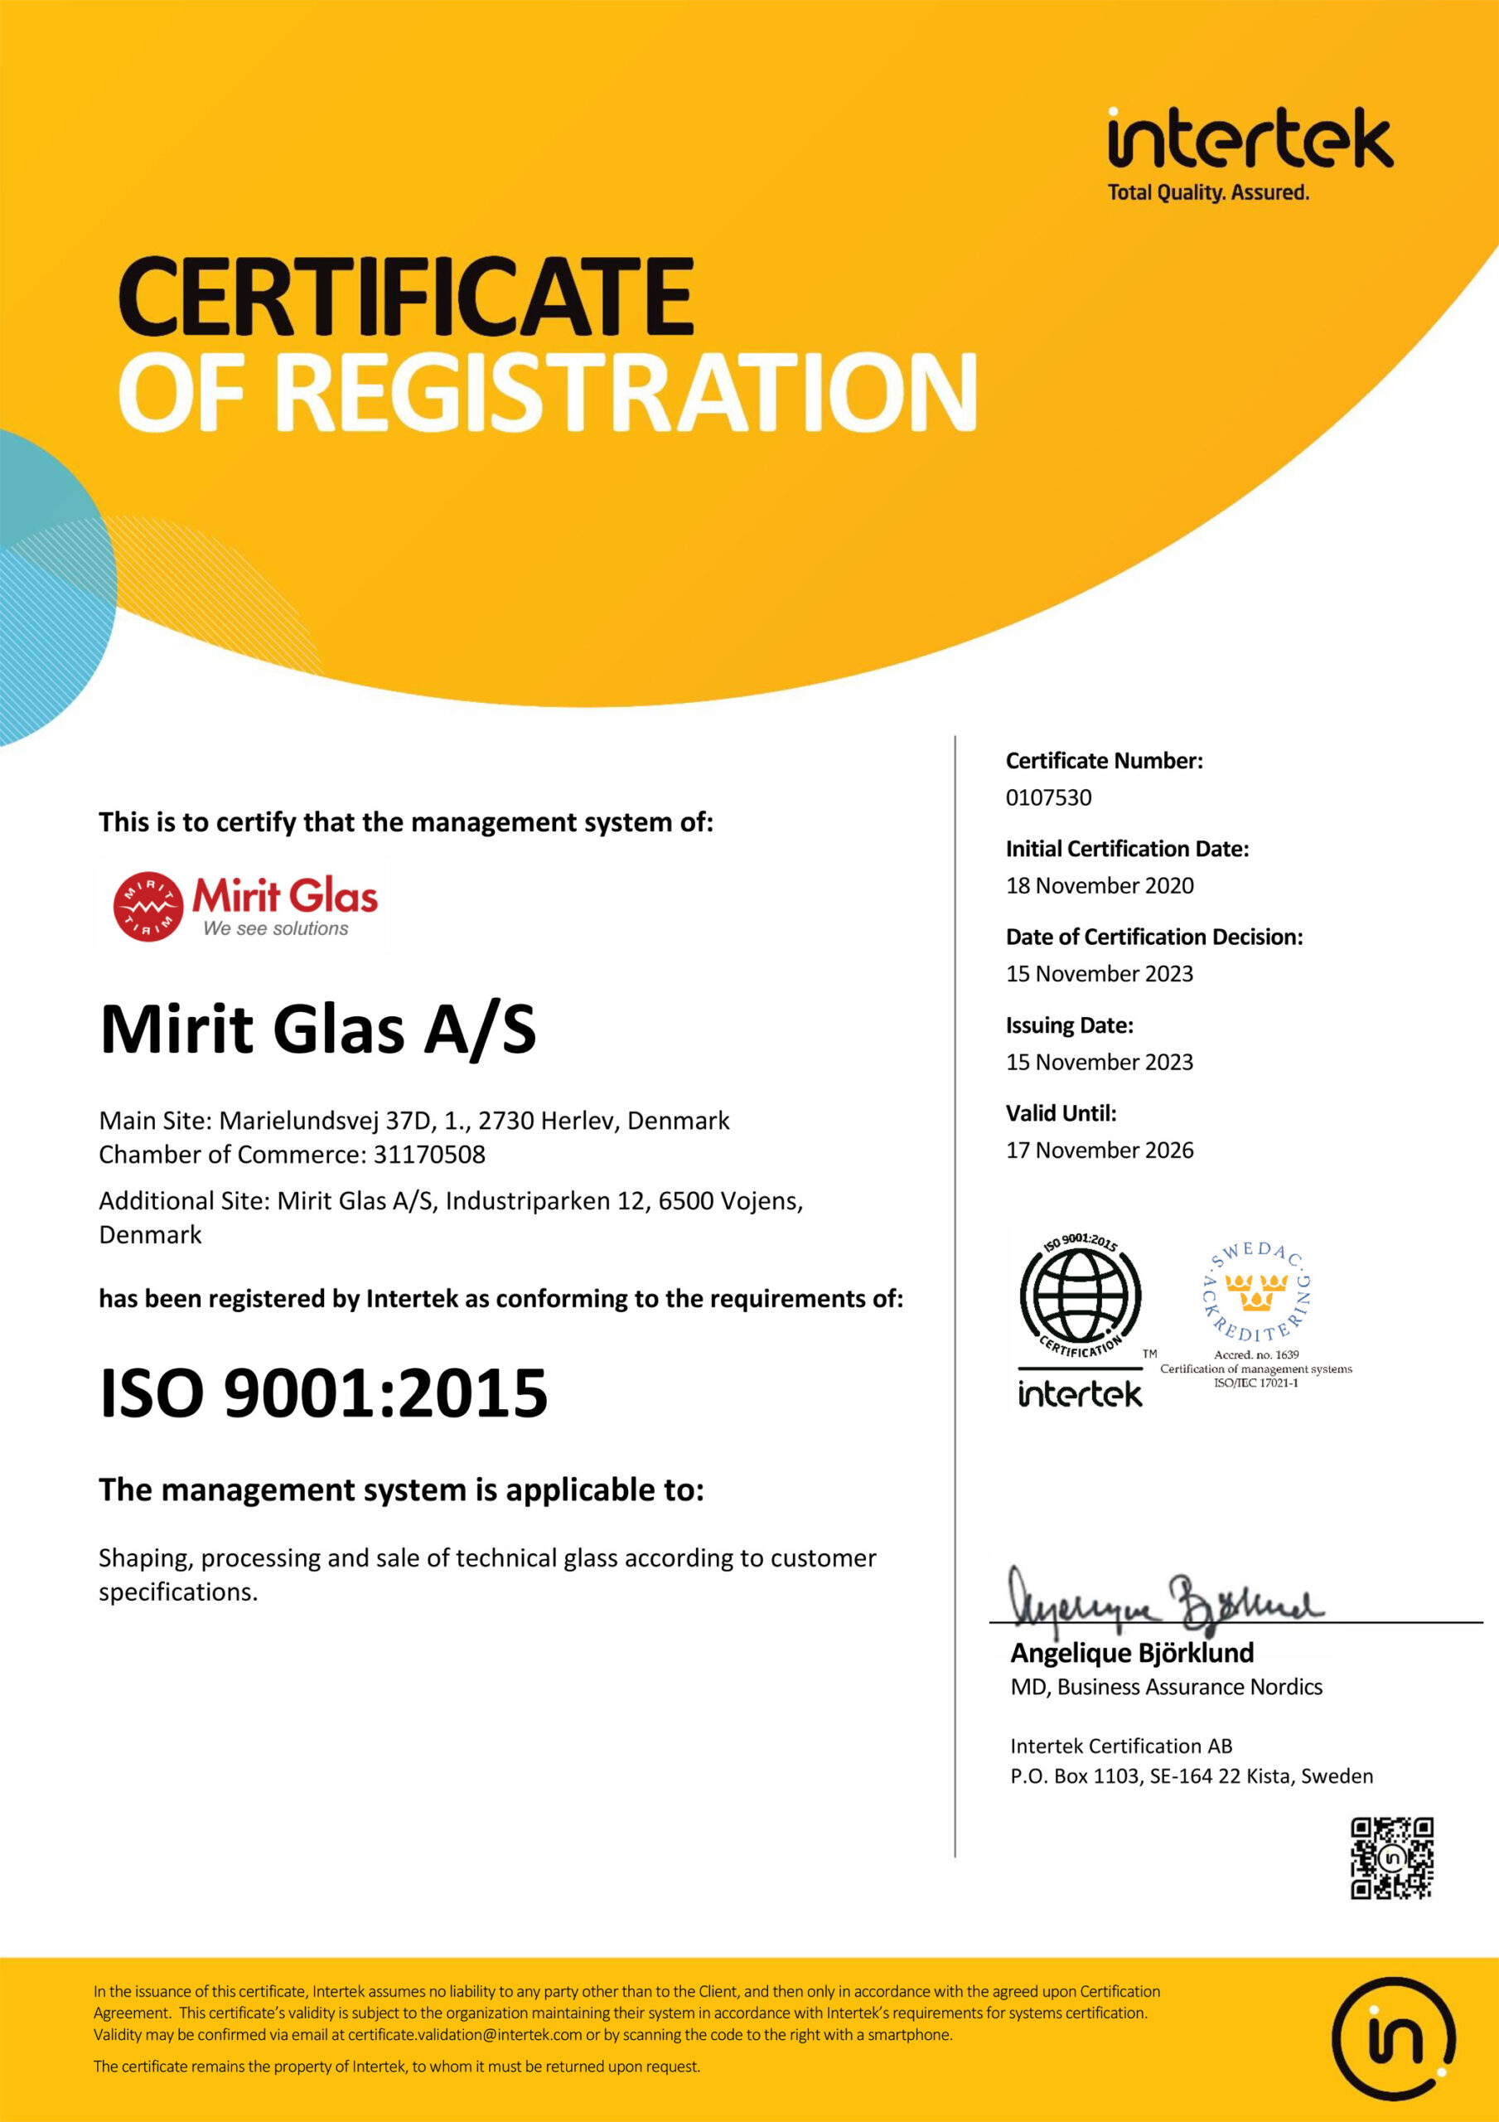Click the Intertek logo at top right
[1250, 153]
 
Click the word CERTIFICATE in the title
[406, 298]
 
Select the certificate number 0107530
[1048, 797]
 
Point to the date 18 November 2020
[1100, 885]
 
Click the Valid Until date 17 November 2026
[1100, 1150]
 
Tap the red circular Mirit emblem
[147, 906]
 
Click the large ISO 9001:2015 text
[323, 1393]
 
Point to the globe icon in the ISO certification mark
[1080, 1296]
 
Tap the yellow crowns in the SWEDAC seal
[1256, 1292]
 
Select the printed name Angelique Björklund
[1132, 1653]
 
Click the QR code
[1392, 1858]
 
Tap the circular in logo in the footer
[1393, 2038]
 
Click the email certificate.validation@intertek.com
[465, 2034]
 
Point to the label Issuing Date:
[1069, 1025]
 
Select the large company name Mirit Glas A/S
[318, 1030]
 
